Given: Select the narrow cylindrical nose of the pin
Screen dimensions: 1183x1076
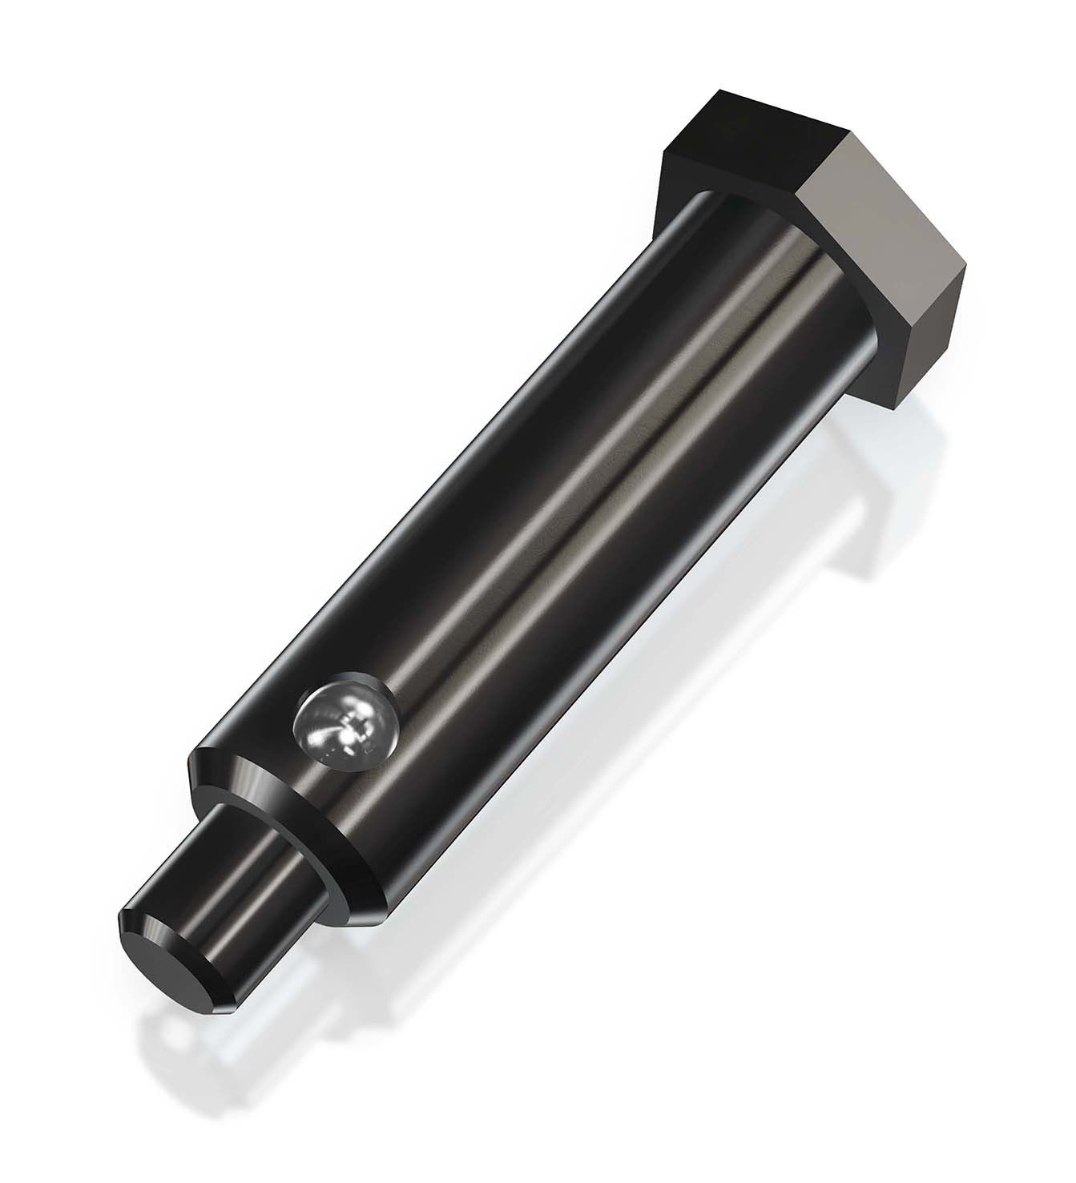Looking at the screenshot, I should tap(240, 889).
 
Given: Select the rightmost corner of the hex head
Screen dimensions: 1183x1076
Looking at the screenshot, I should tap(969, 260).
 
